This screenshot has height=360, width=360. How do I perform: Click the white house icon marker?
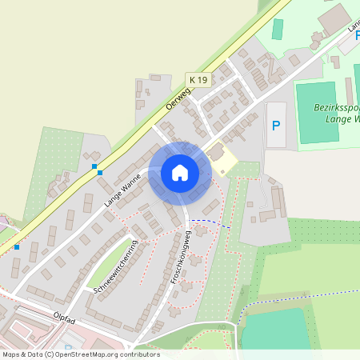[x=180, y=172]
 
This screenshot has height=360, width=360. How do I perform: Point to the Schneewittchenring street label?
[x=116, y=267]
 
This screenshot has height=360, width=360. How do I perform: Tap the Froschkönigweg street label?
[x=178, y=258]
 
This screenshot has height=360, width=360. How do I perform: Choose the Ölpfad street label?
[x=65, y=318]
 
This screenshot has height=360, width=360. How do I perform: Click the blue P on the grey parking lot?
[x=276, y=125]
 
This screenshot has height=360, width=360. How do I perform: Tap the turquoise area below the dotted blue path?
[x=275, y=329]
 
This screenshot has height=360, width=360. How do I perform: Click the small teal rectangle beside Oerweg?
[x=278, y=29]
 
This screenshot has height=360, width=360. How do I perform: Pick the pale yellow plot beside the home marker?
[x=225, y=161]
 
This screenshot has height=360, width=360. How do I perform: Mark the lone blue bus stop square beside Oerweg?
[x=16, y=247]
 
